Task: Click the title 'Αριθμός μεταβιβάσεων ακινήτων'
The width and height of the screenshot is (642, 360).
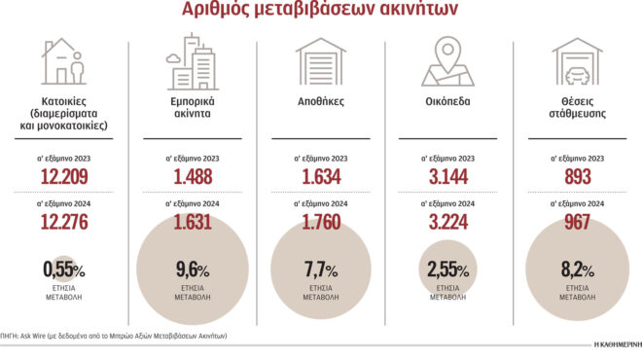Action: (x=319, y=12)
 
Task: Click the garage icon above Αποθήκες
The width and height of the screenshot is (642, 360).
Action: (x=321, y=63)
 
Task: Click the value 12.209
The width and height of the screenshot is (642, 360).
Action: (x=66, y=177)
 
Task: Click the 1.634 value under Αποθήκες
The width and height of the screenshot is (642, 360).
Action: (x=321, y=177)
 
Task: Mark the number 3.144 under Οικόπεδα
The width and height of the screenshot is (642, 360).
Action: (x=448, y=177)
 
